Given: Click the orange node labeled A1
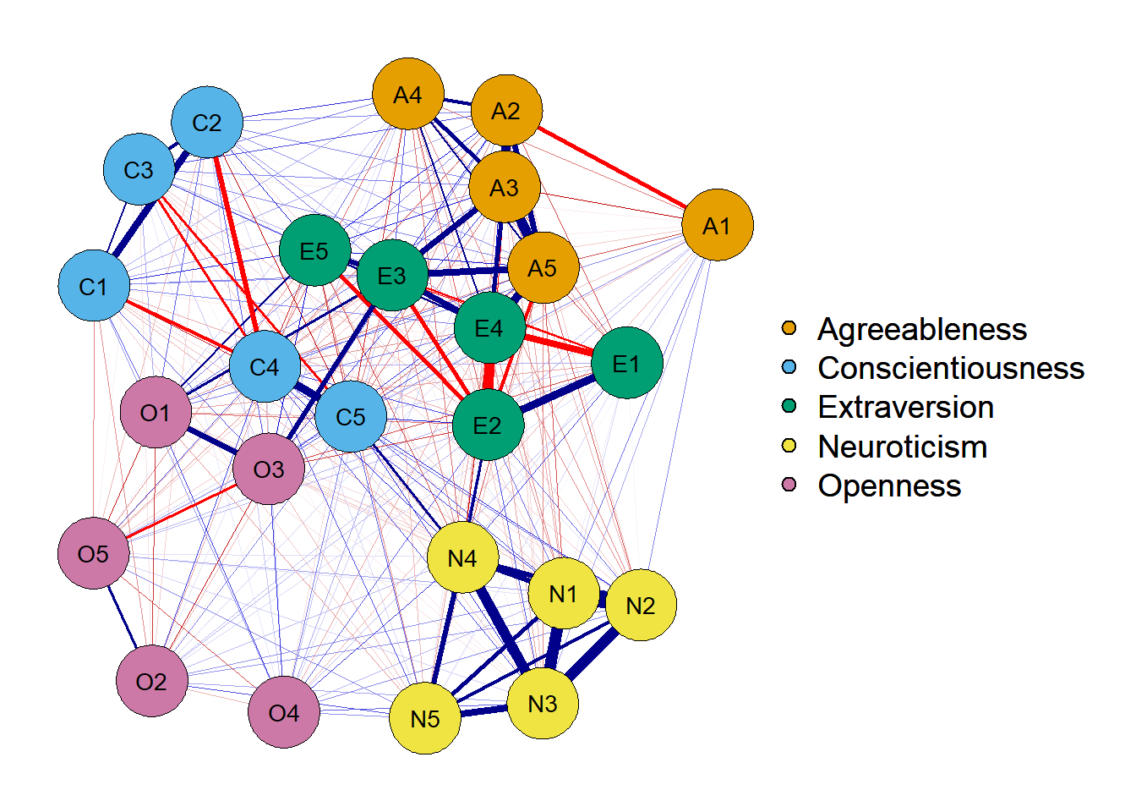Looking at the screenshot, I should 717,225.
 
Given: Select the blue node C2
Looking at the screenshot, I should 207,122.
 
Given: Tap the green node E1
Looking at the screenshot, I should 626,363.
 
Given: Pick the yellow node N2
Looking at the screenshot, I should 641,605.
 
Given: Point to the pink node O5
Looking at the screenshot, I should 94,553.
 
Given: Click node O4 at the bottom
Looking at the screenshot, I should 284,712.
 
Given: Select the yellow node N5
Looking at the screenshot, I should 425,718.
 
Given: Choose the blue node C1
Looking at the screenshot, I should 94,286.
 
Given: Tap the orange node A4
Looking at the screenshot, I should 408,94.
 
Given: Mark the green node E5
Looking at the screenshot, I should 314,250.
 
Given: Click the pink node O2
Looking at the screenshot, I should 151,681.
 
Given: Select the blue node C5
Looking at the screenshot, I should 351,416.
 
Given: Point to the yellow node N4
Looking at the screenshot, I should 462,557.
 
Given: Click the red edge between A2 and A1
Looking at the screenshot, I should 613,167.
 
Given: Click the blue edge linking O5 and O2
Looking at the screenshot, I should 123,617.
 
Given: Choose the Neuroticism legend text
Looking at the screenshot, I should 902,447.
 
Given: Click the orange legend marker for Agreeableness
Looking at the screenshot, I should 789,328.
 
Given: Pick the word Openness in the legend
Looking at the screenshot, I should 889,486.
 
